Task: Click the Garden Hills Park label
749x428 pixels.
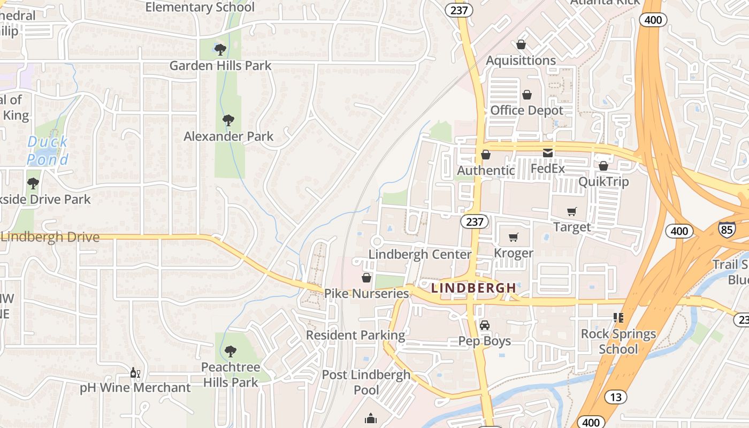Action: (220, 66)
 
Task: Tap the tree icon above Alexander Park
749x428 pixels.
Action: (228, 120)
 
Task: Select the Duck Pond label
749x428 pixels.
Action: (48, 150)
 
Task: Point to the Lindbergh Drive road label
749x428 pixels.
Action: (50, 237)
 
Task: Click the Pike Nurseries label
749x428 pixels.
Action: (366, 293)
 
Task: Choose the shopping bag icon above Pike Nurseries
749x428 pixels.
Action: (366, 278)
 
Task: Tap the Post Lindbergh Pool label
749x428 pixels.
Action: (366, 382)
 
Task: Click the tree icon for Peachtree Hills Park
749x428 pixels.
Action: (231, 351)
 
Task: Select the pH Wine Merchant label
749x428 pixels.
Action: (135, 387)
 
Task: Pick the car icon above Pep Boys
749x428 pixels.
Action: (485, 325)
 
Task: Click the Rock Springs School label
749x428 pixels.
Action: (618, 341)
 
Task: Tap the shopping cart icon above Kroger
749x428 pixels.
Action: (514, 237)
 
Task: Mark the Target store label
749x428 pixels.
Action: (572, 227)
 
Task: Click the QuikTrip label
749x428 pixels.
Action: (603, 181)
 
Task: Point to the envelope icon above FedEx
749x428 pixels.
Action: (548, 153)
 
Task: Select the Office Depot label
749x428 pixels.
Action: (527, 110)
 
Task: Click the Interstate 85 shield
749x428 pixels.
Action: (727, 228)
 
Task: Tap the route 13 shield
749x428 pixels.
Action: (616, 397)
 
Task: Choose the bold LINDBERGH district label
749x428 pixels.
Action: (474, 288)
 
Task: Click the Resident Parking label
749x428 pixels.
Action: (355, 335)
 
